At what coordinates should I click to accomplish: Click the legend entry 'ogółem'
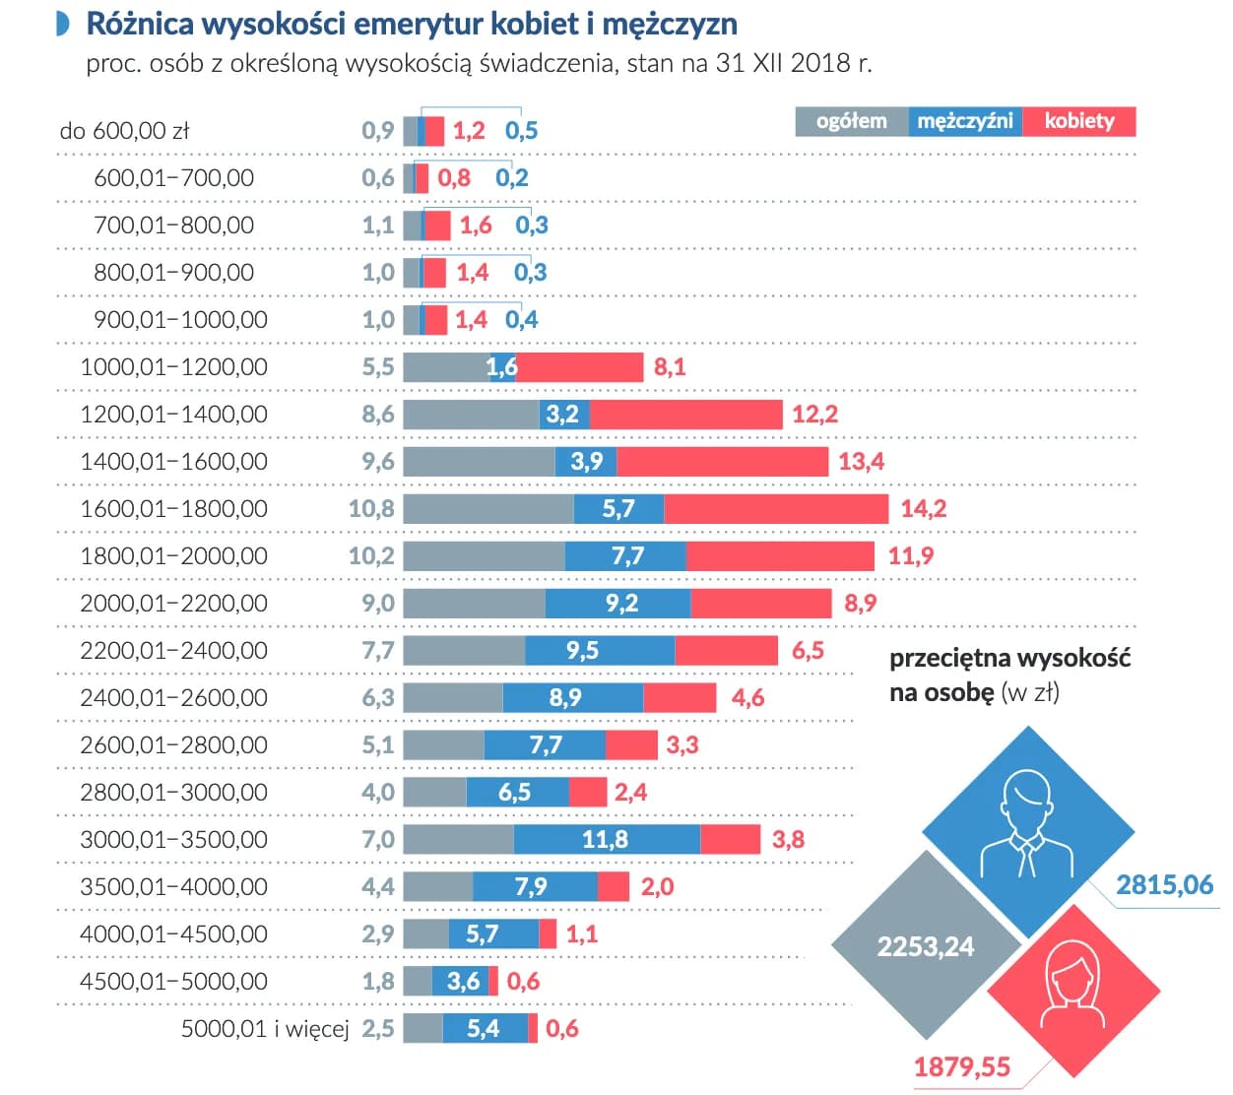click(x=851, y=121)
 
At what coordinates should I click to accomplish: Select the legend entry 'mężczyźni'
click(x=964, y=121)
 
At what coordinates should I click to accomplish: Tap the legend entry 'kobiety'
click(x=1079, y=121)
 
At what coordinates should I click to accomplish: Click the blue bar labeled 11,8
click(x=606, y=839)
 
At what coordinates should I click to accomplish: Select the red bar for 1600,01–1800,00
click(x=776, y=509)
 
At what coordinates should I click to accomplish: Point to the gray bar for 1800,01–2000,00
click(x=484, y=556)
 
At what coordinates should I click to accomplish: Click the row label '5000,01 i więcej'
click(x=265, y=1029)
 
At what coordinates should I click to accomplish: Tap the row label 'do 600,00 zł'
click(x=124, y=131)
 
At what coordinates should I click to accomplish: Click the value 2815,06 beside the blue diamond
click(x=1164, y=884)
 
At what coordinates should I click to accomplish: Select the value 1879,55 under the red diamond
click(x=961, y=1066)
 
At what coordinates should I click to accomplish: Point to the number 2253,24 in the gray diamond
click(x=925, y=946)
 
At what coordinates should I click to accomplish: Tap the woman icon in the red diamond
click(x=1072, y=985)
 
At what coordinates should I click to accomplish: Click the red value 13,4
click(x=861, y=462)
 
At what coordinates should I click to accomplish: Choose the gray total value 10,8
click(x=371, y=509)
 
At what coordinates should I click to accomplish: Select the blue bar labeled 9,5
click(x=599, y=651)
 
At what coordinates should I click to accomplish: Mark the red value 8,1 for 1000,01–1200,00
click(x=669, y=367)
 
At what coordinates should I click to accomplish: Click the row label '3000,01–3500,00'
click(x=173, y=840)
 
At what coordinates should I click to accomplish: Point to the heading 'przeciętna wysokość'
click(x=1009, y=658)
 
